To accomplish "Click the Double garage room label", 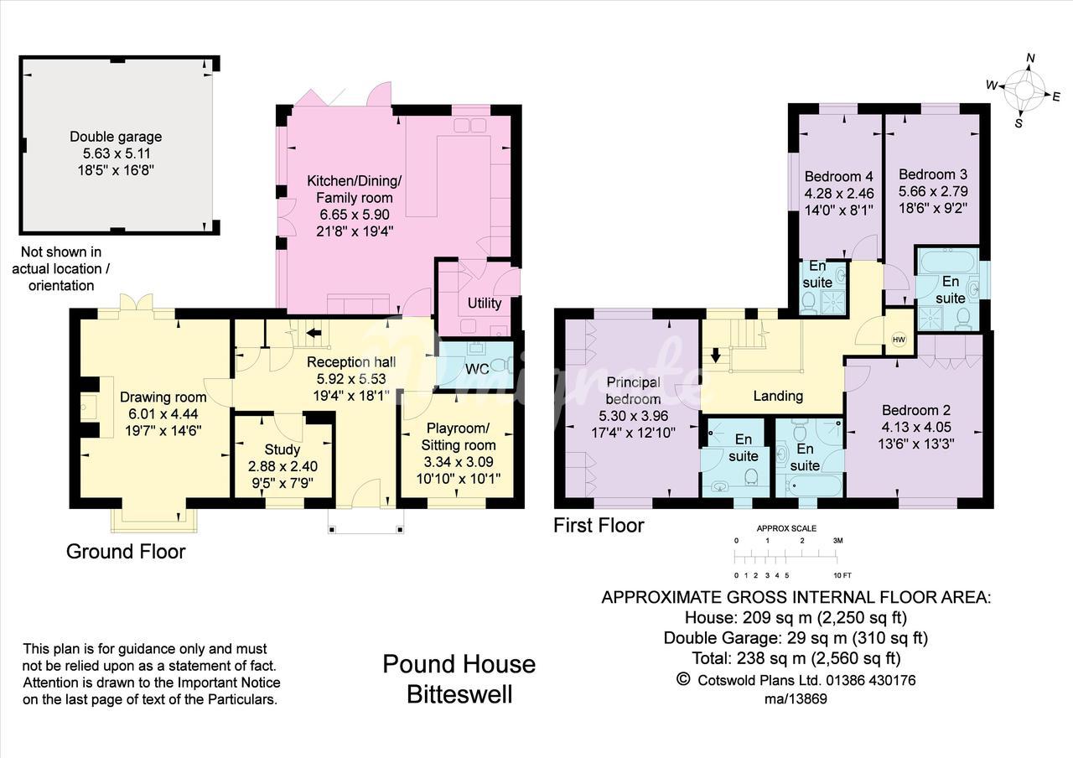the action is coord(116,137).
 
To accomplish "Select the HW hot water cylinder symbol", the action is coord(899,340).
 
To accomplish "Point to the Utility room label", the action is coord(485,303).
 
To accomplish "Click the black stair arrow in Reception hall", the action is coord(314,333).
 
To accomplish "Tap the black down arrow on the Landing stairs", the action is coord(716,355).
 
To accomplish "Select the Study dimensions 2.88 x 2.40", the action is coord(283,466).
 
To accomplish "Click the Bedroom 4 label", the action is coord(839,176).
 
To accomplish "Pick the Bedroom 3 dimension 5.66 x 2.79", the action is coord(933,191).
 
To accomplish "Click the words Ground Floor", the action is coord(126,552).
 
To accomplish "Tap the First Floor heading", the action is coord(599,525).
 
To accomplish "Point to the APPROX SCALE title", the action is coord(786,528).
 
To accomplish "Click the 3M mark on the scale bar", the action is coord(837,541).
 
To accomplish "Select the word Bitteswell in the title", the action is coord(459,694).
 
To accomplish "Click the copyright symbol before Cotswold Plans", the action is coord(683,679).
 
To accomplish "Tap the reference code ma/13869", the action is coord(796,699).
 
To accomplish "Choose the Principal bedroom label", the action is coord(633,391).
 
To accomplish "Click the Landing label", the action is coord(778,396).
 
